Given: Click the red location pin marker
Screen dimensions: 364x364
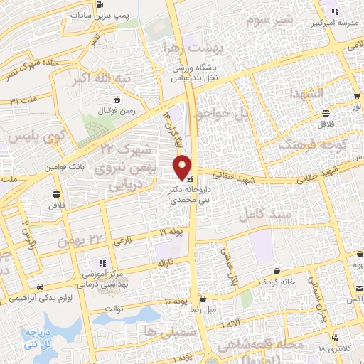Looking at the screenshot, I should pyautogui.click(x=183, y=166).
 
